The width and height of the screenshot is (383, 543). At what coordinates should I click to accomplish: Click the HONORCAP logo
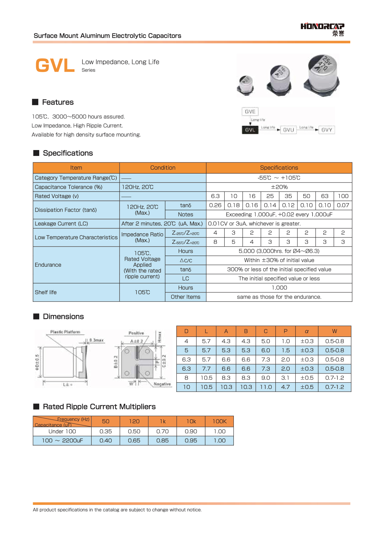coord(322,29)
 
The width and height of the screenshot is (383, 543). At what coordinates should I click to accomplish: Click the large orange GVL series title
coord(55,66)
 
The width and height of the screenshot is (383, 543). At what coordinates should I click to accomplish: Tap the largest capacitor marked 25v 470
coord(322,74)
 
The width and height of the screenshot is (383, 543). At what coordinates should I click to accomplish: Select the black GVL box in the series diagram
coord(250,130)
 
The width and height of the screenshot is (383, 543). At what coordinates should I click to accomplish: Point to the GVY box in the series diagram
coord(326,130)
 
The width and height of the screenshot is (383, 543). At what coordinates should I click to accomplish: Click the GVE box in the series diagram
coord(250,112)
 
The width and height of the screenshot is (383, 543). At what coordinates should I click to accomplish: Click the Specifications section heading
coord(68,153)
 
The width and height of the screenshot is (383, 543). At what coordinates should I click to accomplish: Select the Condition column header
coord(163,168)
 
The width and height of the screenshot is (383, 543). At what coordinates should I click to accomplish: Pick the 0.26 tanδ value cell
coord(215,205)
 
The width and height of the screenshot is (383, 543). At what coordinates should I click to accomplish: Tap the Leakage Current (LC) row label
coord(61,224)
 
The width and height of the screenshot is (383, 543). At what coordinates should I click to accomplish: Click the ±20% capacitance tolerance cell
coord(279,187)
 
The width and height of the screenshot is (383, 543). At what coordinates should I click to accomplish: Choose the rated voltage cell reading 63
coord(325,196)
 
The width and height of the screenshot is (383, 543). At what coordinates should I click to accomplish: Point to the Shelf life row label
coord(46,292)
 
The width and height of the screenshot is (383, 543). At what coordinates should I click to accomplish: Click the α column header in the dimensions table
coord(307,331)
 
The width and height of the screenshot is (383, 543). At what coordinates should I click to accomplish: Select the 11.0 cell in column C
coord(266,387)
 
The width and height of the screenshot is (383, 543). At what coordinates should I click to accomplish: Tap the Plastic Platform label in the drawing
coord(65,332)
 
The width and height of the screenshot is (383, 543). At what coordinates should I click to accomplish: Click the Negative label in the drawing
coord(162,384)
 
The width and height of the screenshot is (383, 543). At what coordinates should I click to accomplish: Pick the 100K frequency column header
coord(219,421)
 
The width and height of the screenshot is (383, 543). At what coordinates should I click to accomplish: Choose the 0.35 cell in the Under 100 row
coord(106,431)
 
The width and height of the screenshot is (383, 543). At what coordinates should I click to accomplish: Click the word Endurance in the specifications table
coord(48,265)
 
